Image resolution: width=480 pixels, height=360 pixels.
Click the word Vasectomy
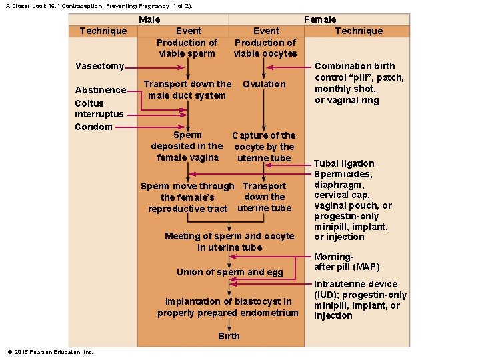[99, 66]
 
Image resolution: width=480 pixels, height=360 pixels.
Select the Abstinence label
[100, 90]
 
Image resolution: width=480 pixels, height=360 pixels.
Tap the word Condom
[93, 127]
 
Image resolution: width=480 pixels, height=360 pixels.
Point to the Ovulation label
[264, 84]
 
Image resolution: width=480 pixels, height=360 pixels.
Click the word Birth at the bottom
[229, 336]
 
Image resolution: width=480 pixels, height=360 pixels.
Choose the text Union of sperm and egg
[229, 272]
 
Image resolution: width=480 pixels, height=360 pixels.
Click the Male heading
[149, 19]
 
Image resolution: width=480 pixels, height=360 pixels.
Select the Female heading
[320, 19]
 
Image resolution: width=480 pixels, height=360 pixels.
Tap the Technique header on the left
[103, 31]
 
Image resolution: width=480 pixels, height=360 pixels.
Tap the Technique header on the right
[359, 31]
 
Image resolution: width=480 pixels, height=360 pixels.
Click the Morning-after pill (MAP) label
[347, 262]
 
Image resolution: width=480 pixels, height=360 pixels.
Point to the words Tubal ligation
[344, 163]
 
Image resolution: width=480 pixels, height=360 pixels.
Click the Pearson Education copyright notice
[50, 352]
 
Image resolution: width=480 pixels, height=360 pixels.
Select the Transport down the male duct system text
[188, 90]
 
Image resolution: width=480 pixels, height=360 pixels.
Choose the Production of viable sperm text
[187, 48]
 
